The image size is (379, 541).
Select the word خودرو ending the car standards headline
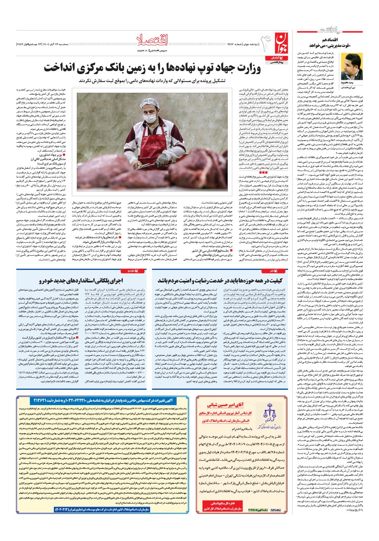pyautogui.click(x=47, y=281)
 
